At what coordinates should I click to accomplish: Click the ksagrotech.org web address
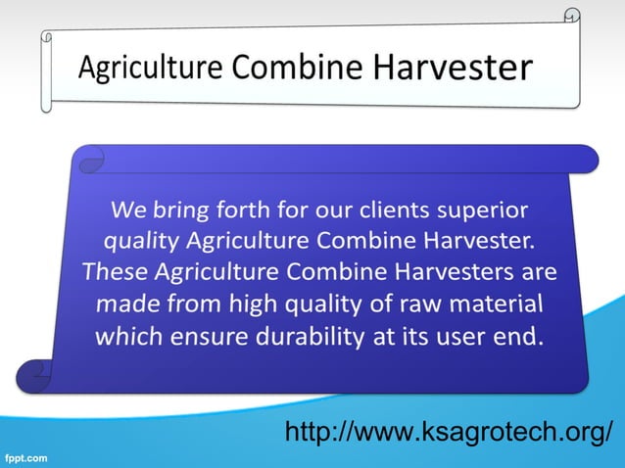click(x=450, y=431)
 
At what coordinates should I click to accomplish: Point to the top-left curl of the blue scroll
click(x=92, y=156)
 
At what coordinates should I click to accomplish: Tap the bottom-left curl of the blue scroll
click(x=37, y=373)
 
